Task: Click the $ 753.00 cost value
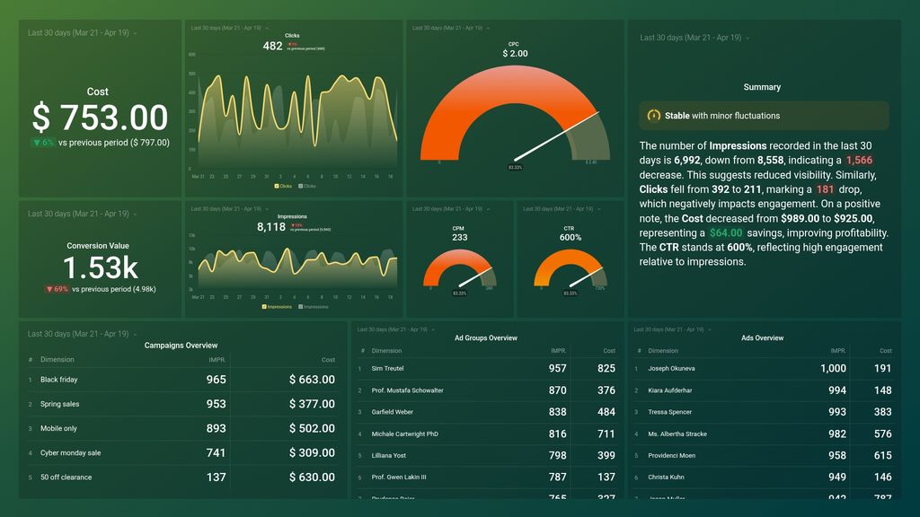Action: click(x=100, y=118)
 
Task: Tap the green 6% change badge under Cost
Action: click(x=43, y=143)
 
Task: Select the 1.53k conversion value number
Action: click(x=100, y=267)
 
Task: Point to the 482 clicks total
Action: click(x=272, y=46)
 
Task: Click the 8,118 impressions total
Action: click(x=271, y=227)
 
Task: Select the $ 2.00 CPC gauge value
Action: click(x=515, y=54)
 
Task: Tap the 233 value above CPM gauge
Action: click(x=459, y=238)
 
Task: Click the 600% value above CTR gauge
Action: click(x=570, y=238)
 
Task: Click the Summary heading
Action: click(x=762, y=87)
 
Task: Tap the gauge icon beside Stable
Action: click(x=654, y=116)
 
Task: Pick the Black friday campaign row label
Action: click(x=59, y=380)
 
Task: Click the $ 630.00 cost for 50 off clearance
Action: click(x=312, y=478)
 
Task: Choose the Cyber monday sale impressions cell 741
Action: click(x=216, y=453)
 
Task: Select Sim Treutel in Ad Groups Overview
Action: click(x=389, y=369)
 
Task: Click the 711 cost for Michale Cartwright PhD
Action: click(x=606, y=434)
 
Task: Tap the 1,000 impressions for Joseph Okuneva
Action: click(x=833, y=369)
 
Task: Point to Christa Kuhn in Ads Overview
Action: click(x=666, y=478)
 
